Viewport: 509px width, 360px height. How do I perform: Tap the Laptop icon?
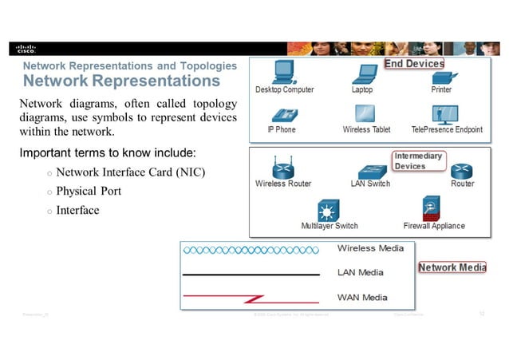365,73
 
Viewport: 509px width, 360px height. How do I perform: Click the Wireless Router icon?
282,168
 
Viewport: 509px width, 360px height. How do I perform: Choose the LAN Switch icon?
371,170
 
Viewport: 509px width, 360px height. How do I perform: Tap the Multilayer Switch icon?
328,211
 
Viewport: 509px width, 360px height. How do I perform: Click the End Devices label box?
414,63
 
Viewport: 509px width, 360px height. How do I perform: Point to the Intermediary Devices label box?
418,160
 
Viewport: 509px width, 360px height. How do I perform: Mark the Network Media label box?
452,267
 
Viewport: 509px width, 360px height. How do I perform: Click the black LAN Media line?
252,274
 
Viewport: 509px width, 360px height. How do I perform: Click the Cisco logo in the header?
26,48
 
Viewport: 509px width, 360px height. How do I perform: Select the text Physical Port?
89,192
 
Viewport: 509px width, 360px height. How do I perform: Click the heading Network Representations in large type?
121,81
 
